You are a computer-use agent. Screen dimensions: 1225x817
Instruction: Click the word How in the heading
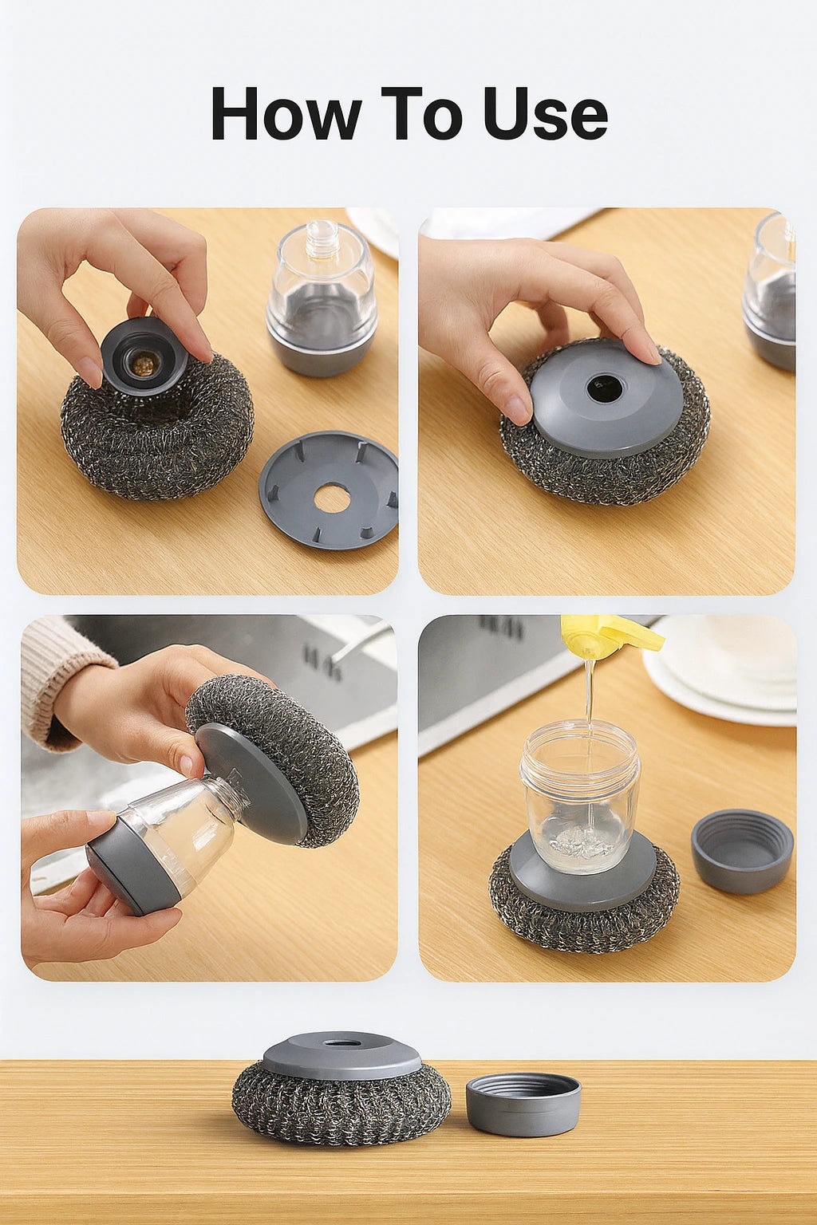[286, 114]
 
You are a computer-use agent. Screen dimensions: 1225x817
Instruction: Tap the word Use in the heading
[545, 114]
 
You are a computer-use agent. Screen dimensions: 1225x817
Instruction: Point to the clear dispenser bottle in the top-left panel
[322, 299]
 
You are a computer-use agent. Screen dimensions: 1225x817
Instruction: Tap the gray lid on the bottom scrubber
[341, 1054]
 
